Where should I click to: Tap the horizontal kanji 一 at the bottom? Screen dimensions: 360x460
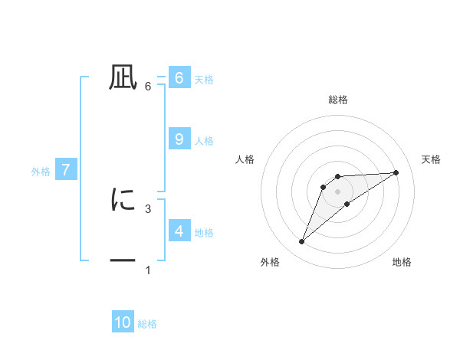(x=123, y=262)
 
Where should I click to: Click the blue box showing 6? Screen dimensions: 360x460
(x=179, y=78)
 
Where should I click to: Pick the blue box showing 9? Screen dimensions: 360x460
(x=179, y=139)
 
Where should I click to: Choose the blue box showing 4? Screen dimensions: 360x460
(x=179, y=231)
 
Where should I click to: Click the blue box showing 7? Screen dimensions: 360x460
(x=66, y=170)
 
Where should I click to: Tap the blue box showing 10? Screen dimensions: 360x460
(x=123, y=322)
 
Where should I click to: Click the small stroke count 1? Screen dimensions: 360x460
(x=148, y=270)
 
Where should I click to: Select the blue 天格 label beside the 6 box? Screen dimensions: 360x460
(x=204, y=80)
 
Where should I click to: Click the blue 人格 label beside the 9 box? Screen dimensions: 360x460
(x=204, y=141)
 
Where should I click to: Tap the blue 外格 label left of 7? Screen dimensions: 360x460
(x=41, y=172)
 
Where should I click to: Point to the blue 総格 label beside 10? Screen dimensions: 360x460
(x=147, y=324)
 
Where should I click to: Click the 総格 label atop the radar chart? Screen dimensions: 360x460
(x=338, y=100)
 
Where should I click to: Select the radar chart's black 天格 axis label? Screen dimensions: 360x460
(x=431, y=159)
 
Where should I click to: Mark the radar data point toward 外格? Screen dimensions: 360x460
(x=302, y=242)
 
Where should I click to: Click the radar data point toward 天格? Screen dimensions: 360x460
(x=396, y=172)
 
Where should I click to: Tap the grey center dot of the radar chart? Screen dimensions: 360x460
(x=338, y=191)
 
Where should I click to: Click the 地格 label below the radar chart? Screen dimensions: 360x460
(x=402, y=262)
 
